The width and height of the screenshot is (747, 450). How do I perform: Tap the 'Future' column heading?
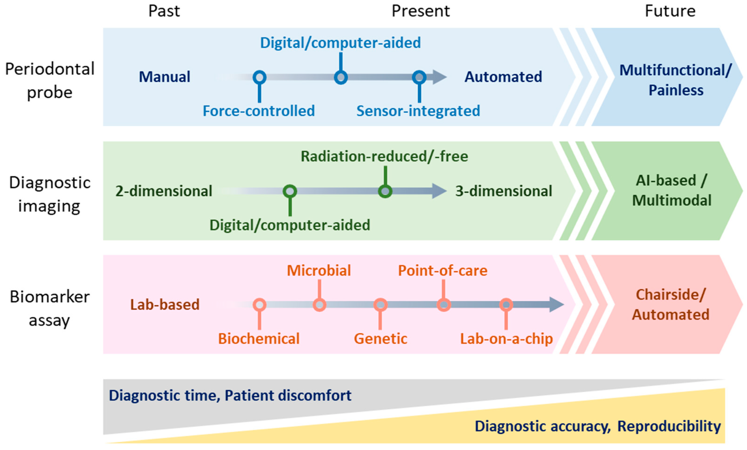(670, 11)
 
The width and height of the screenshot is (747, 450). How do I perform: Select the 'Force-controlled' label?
(259, 111)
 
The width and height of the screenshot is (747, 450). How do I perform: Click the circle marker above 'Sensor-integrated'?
(419, 77)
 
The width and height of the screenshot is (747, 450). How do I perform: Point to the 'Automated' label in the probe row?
(503, 77)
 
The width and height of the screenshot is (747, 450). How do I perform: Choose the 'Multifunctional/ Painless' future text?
(675, 80)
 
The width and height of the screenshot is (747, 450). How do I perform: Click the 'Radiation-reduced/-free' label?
(384, 156)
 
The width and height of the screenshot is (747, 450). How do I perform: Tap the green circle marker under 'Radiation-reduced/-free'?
(385, 191)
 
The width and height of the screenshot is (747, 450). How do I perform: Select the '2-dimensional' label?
(164, 191)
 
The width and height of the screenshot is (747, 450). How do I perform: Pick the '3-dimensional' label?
(504, 191)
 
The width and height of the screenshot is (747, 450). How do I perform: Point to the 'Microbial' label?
(319, 270)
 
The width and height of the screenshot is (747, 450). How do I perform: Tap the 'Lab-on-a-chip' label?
(506, 339)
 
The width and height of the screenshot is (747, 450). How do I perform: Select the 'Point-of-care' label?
(443, 270)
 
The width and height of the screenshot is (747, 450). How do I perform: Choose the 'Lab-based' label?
(165, 304)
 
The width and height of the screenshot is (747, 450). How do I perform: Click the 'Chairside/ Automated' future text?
(671, 304)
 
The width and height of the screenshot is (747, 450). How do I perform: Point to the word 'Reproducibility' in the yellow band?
(669, 426)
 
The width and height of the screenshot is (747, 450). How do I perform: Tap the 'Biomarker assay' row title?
(50, 308)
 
